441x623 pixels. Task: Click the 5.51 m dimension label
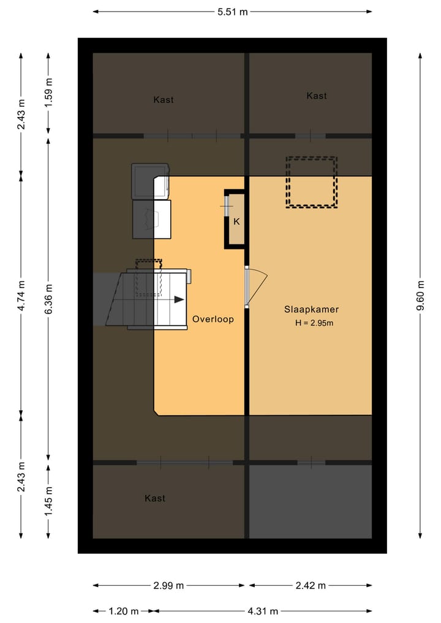coord(233,11)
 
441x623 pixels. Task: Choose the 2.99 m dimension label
coord(168,586)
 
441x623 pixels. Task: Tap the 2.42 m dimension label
coord(311,586)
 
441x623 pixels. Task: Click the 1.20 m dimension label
coord(124,611)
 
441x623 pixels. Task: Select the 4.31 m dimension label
coord(263,611)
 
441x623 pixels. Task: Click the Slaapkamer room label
coord(311,309)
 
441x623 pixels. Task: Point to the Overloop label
coord(213,319)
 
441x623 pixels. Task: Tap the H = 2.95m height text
coord(314,323)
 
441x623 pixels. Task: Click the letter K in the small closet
coord(236,221)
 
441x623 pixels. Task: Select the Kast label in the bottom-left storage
coord(155,499)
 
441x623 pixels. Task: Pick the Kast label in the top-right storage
coord(317,96)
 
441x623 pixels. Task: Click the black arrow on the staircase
coord(178,300)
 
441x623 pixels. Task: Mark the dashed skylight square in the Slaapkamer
coord(312,183)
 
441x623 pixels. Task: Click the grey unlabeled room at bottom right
coord(311,501)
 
